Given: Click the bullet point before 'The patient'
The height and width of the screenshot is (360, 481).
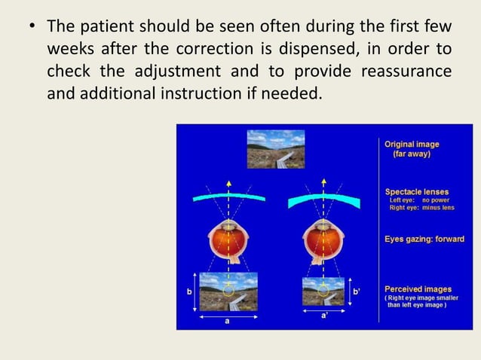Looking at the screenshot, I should click(x=32, y=28).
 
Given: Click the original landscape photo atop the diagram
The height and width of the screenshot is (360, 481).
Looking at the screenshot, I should click(x=275, y=149).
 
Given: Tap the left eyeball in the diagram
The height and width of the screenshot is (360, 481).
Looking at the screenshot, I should click(x=227, y=240).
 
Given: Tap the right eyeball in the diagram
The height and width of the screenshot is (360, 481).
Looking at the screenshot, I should click(x=325, y=240).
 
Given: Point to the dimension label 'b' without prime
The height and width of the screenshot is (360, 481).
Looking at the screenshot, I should click(x=189, y=291).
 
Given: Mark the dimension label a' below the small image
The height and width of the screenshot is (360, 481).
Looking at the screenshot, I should click(x=324, y=316).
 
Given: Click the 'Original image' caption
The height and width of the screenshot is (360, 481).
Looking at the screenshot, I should click(x=412, y=144).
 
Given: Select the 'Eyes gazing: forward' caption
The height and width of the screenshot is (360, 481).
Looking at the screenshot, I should click(x=424, y=239).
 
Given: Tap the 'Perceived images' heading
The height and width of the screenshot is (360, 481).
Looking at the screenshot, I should click(x=418, y=288).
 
